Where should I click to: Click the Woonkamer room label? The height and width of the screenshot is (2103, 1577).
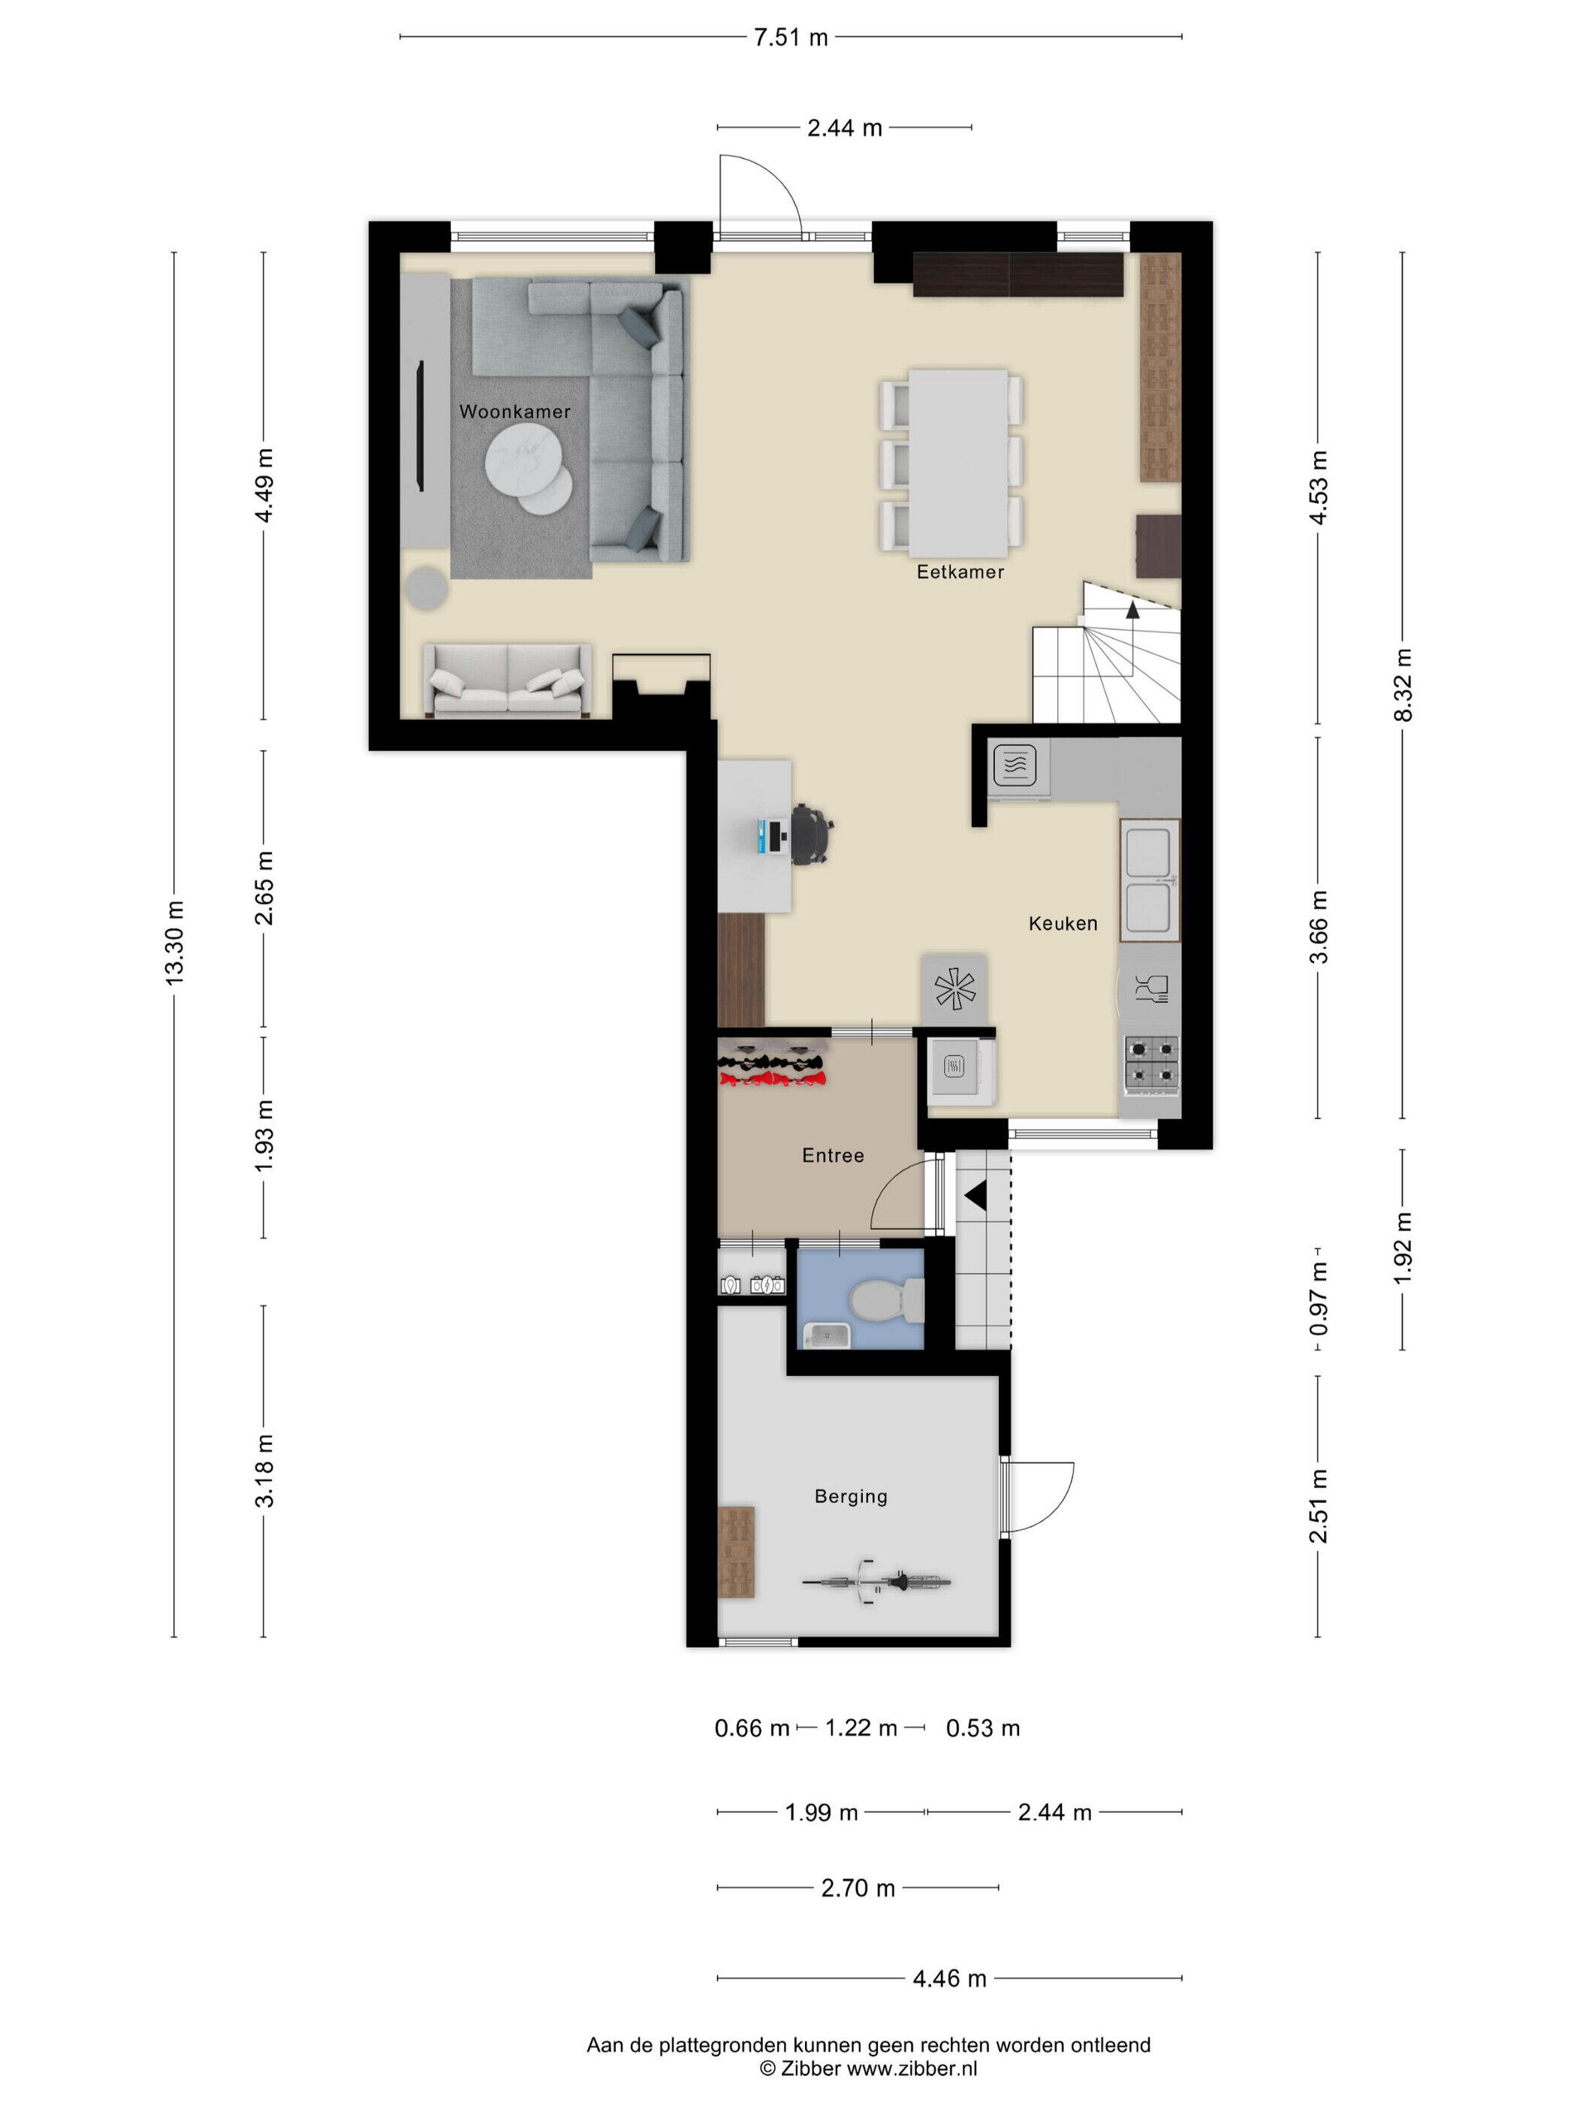tap(514, 412)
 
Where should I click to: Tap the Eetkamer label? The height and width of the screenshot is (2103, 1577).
tap(960, 572)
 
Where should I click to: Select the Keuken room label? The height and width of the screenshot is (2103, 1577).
tap(1063, 923)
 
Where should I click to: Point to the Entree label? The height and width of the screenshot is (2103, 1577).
tap(833, 1155)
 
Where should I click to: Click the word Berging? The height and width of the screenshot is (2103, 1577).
tap(851, 1496)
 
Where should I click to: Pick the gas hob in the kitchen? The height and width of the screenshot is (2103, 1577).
tap(1152, 1062)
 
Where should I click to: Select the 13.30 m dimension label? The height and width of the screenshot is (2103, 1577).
tap(174, 942)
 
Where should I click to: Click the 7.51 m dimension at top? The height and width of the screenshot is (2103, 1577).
tap(791, 38)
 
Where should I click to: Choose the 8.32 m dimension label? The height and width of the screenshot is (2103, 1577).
tap(1403, 684)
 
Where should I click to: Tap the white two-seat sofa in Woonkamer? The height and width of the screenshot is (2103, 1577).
tap(507, 680)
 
